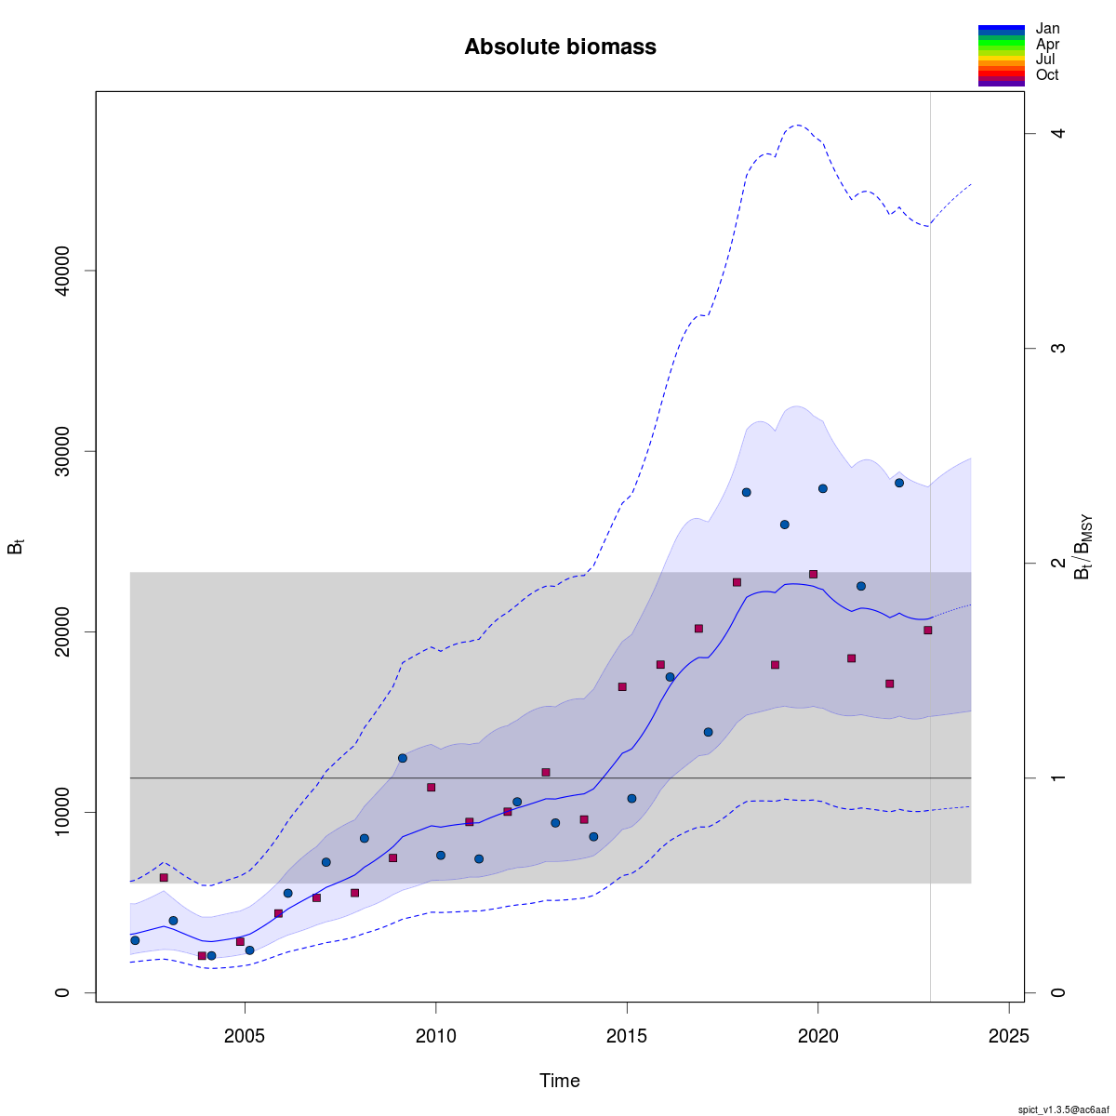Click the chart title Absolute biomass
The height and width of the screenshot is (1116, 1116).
tap(560, 46)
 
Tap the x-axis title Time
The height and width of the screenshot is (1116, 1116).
tap(560, 1081)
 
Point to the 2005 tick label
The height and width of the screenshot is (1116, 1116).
tap(245, 1036)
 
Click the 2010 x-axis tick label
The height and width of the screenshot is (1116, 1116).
tap(435, 1036)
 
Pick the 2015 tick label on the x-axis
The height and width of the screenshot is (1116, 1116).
tap(627, 1036)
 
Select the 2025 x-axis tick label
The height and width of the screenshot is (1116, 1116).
tap(1009, 1036)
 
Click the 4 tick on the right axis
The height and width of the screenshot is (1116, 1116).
tap(1057, 134)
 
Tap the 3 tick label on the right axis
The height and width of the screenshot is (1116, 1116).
tap(1057, 349)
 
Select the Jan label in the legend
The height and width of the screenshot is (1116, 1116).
tap(1047, 29)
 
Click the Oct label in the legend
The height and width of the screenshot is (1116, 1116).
tap(1047, 75)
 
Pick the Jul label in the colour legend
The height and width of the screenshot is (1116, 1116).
tap(1045, 60)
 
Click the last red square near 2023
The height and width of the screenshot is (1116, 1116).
tap(927, 631)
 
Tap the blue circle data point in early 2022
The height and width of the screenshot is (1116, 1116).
tap(899, 483)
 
